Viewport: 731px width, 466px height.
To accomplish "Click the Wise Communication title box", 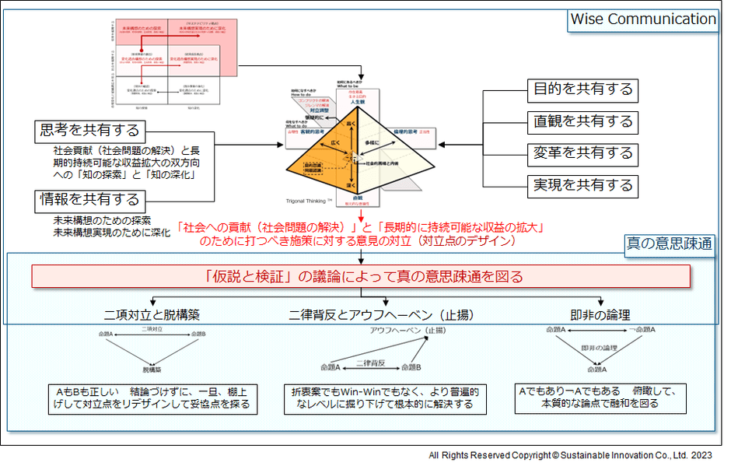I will (642, 19).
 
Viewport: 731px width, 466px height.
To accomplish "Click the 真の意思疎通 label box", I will (671, 244).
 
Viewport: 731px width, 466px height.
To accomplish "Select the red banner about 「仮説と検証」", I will (361, 276).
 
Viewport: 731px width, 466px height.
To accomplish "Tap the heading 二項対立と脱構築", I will (152, 316).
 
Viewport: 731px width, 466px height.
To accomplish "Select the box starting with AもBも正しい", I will (152, 398).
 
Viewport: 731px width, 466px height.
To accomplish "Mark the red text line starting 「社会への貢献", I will (360, 228).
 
